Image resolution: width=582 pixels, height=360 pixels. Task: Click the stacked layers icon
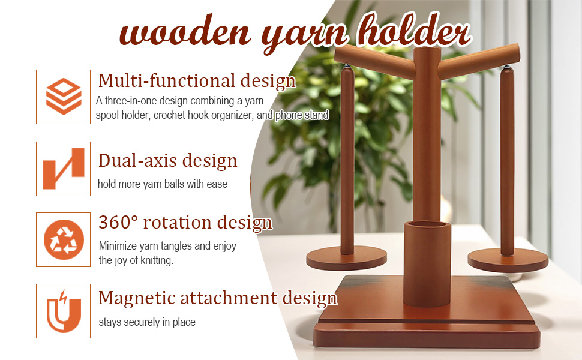(64, 97)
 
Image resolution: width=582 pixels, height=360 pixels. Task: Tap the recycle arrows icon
(64, 240)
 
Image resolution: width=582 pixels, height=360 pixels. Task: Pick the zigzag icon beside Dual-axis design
(64, 169)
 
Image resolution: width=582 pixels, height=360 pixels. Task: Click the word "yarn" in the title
(305, 37)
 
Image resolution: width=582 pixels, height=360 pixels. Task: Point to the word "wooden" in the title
(185, 31)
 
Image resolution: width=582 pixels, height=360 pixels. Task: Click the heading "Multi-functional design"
(197, 81)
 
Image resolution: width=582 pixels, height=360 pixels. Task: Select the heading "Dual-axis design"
(168, 161)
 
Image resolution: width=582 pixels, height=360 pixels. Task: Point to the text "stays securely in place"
(147, 322)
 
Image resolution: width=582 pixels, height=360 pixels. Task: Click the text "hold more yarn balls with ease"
(163, 184)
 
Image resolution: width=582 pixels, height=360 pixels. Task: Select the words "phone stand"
(302, 115)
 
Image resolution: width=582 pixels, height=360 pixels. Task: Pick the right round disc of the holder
(508, 260)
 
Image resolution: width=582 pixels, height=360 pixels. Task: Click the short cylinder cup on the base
(427, 263)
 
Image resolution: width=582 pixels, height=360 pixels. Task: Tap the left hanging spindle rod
(347, 160)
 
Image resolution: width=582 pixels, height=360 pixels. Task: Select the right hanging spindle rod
(507, 161)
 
